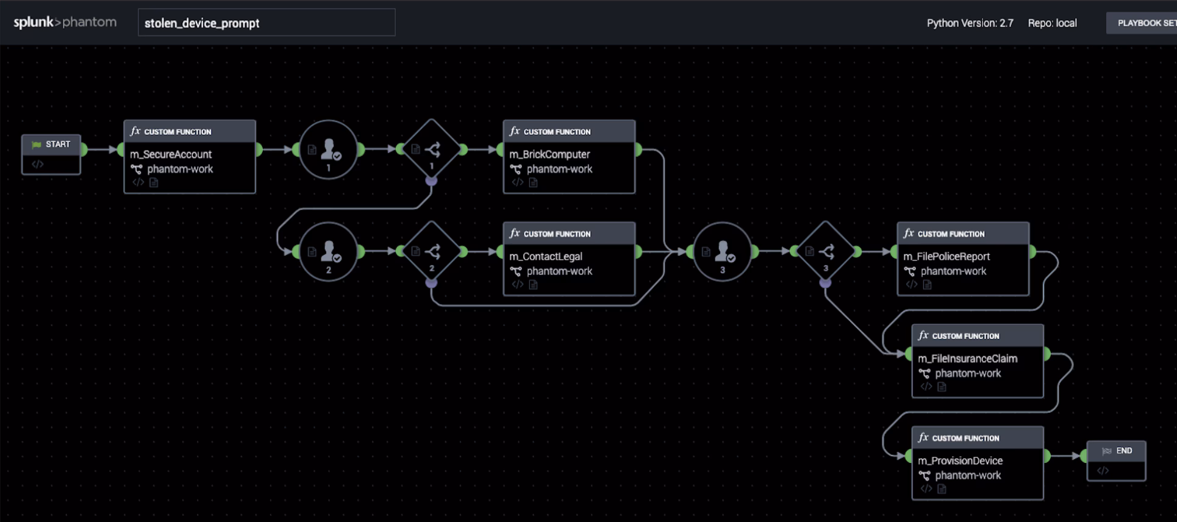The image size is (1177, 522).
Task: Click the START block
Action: [51, 145]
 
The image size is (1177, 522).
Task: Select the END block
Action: [1116, 451]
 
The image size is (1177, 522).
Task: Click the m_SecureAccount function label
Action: [171, 154]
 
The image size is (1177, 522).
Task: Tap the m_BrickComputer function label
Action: [549, 154]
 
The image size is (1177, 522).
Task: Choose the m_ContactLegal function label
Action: [546, 257]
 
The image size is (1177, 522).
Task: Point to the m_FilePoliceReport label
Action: [946, 257]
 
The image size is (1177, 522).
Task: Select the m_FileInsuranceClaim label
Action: [967, 359]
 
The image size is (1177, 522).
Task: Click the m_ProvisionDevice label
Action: [960, 461]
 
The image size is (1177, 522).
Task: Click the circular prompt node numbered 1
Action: [328, 149]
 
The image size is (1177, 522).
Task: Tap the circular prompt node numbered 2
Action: [328, 251]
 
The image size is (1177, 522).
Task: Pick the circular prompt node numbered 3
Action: [722, 251]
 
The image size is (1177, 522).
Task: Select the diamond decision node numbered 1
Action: [432, 149]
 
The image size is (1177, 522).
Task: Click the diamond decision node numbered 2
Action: [432, 251]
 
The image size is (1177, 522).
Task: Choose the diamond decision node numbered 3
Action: [826, 251]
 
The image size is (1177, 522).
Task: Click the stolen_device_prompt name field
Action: [266, 23]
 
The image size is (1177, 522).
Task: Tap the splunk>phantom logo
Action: [65, 22]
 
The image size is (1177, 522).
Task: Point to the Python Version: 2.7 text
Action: [970, 23]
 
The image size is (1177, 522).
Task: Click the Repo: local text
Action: [1052, 23]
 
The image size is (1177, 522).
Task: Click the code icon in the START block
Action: [38, 164]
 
